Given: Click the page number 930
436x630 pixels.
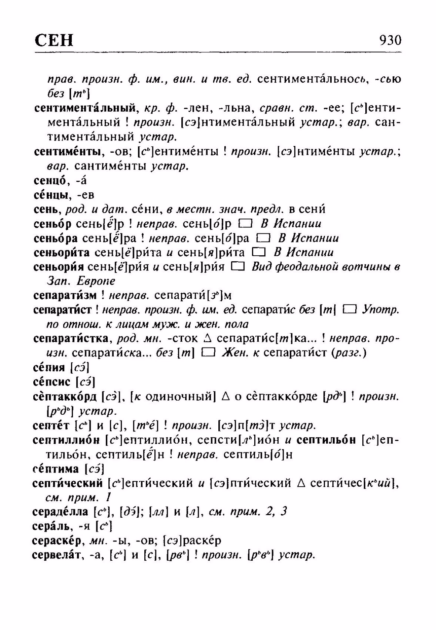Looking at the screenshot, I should [390, 40].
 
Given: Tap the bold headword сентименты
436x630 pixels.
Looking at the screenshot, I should [68, 152].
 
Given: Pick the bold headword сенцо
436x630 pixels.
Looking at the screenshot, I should [50, 181].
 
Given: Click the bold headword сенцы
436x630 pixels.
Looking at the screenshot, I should [51, 195].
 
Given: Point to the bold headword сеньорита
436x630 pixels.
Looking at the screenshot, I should [61, 253].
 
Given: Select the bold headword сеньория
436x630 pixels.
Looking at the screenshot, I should [60, 267].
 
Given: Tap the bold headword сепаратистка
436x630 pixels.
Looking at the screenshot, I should [73, 338].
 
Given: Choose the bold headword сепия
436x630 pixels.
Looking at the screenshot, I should [49, 368].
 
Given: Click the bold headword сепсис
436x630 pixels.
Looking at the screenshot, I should [52, 382].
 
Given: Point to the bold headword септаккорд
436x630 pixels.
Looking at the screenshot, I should [65, 397].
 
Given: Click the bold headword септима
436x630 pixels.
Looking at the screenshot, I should [56, 469].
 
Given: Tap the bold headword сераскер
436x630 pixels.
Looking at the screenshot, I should [57, 541].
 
